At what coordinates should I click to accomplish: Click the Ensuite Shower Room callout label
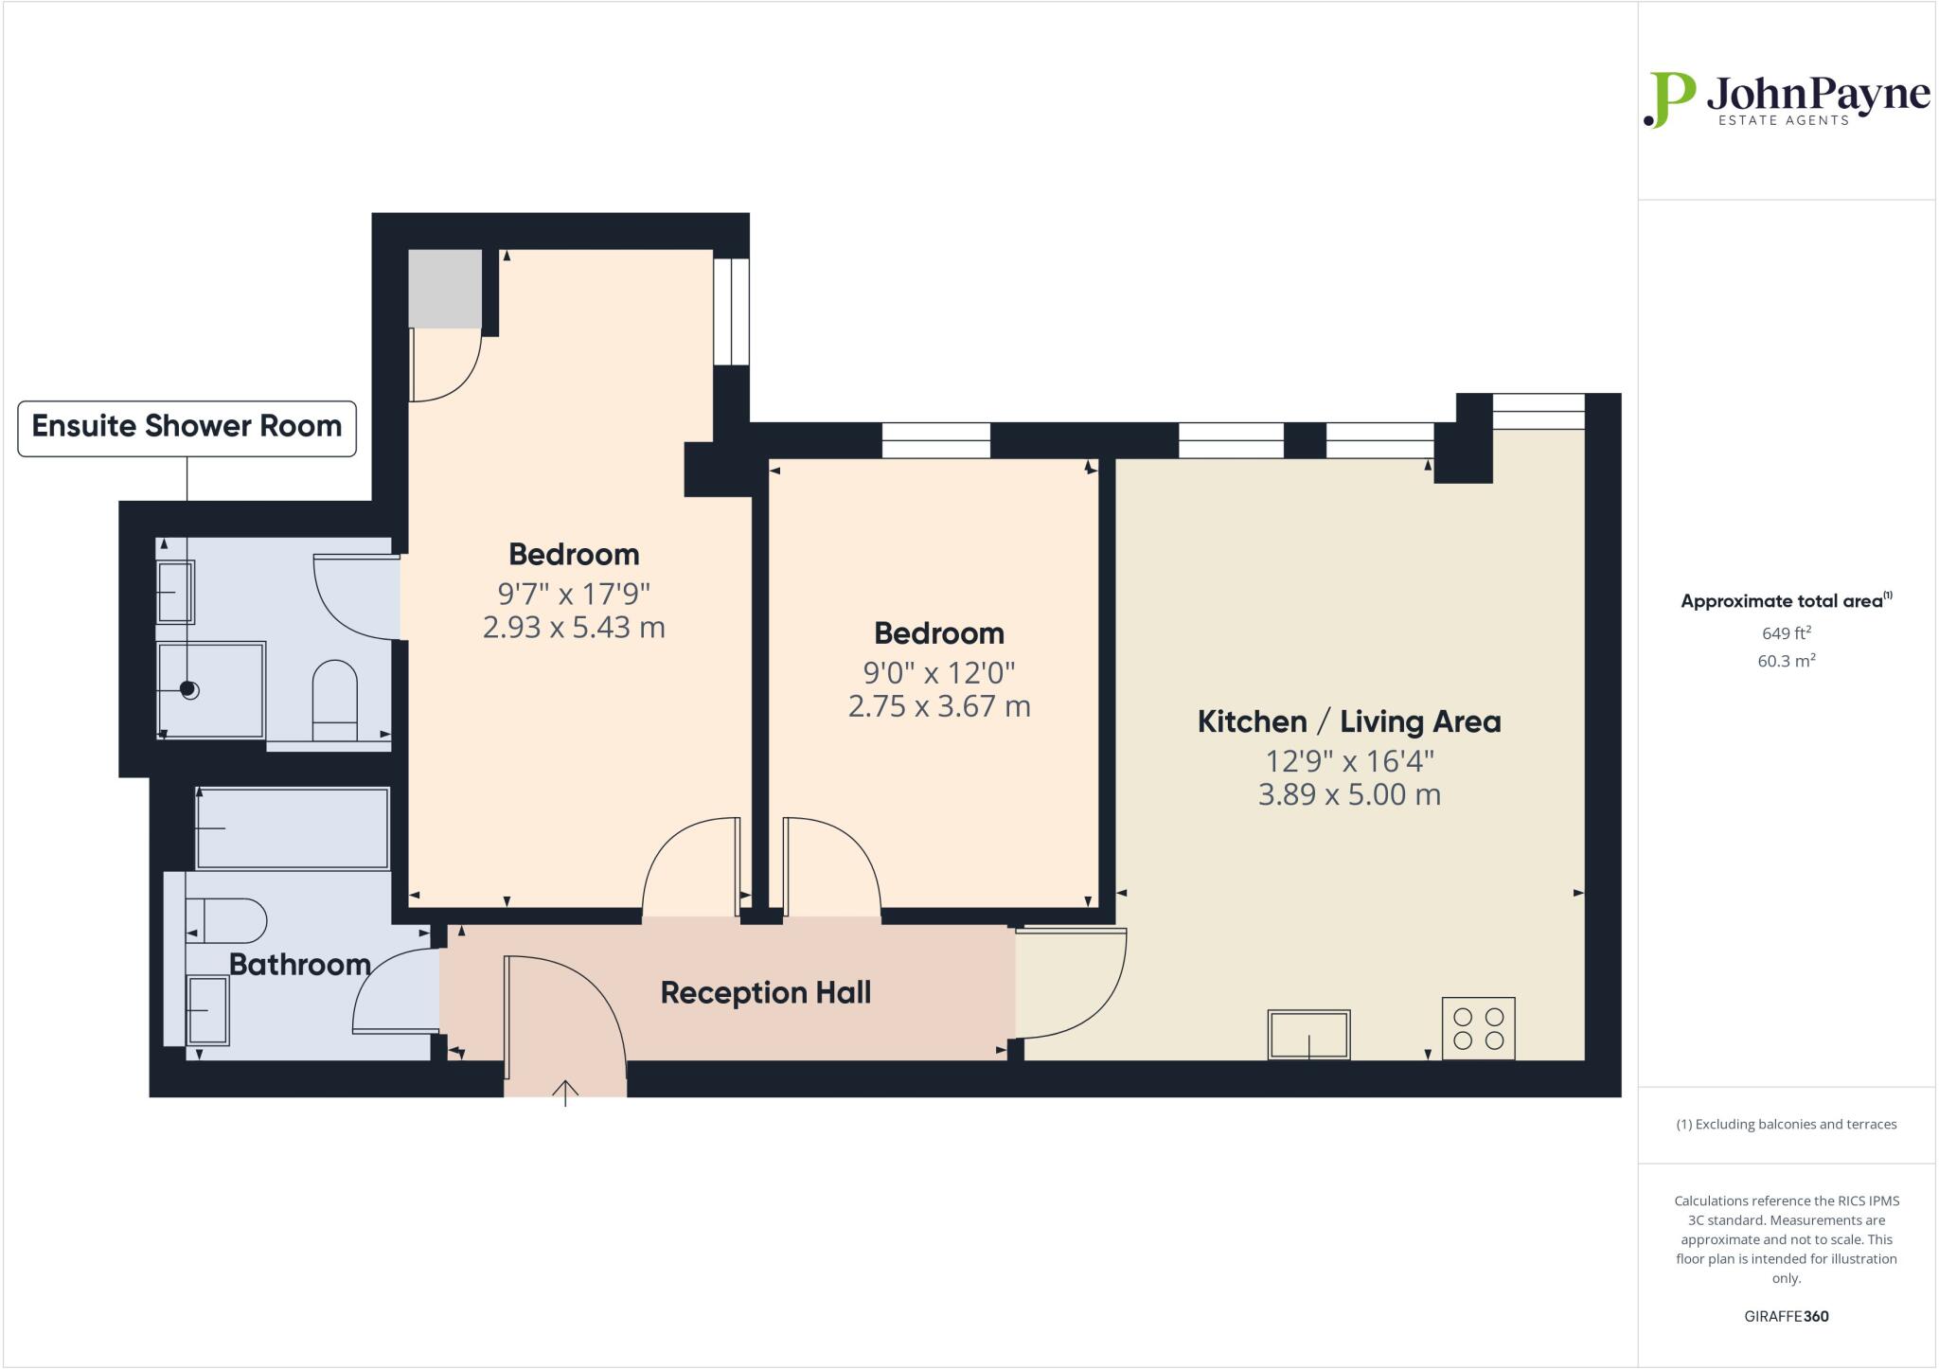pos(187,427)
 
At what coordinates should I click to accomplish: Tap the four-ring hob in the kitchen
pos(1478,1028)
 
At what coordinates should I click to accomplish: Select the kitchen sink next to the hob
pos(1308,1034)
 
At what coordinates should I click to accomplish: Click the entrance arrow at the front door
pos(565,1093)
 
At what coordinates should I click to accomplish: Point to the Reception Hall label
pos(765,993)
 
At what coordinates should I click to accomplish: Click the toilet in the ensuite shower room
pos(334,699)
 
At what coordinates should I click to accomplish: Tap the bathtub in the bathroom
pos(293,828)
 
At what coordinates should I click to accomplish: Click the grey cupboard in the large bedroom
pos(445,289)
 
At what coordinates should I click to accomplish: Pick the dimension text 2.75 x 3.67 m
pos(938,706)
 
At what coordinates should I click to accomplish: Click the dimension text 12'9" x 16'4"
pos(1349,761)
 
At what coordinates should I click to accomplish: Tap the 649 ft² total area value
pos(1786,633)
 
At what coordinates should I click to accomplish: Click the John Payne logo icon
pos(1669,99)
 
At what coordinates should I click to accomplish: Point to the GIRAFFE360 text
pos(1786,1316)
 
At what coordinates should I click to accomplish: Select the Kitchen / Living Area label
pos(1349,721)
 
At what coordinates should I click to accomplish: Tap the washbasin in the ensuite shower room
pos(176,592)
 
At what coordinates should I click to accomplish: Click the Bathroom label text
pos(299,965)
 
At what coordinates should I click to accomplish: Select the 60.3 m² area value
pos(1786,661)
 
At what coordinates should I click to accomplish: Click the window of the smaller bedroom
pos(935,441)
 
